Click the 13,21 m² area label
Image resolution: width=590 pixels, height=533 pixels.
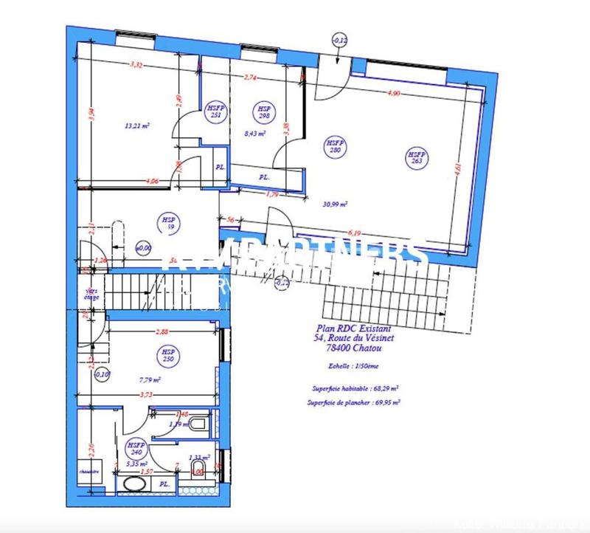(x=138, y=125)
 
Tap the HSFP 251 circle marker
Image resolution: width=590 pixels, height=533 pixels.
(x=216, y=111)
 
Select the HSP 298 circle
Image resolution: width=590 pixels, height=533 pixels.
(x=263, y=112)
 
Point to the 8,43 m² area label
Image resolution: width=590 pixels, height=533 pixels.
(x=254, y=134)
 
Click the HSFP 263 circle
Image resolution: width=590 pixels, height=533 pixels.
(x=417, y=158)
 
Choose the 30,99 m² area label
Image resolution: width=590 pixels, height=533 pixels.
(x=336, y=204)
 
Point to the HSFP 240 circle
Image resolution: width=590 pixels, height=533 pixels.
(x=134, y=449)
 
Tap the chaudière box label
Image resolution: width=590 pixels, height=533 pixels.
(x=90, y=470)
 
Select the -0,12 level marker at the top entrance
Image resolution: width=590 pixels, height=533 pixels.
(x=341, y=40)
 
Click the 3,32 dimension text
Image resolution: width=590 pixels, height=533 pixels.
(x=136, y=66)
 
